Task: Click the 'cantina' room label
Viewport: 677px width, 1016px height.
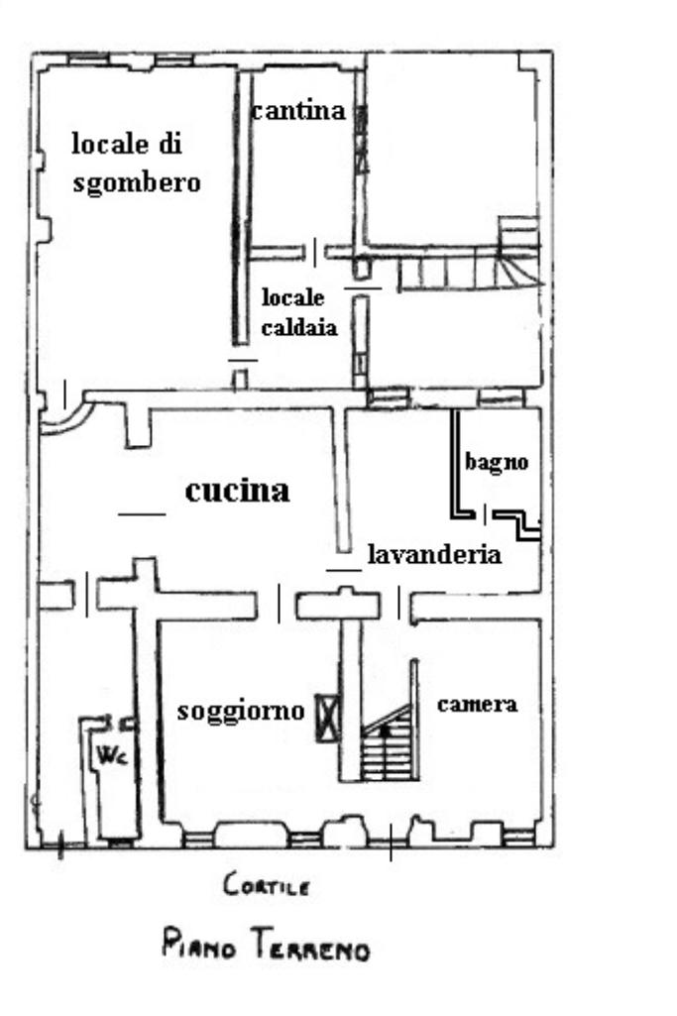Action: [x=298, y=111]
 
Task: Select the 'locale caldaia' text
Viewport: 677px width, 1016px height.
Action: [x=298, y=311]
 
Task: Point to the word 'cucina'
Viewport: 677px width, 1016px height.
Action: [x=237, y=491]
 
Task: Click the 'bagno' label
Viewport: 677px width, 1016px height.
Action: [x=497, y=462]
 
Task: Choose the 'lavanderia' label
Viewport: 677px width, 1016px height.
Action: [x=434, y=555]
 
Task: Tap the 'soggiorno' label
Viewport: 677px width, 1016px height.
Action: [x=241, y=711]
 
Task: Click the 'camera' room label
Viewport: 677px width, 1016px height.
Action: [x=478, y=704]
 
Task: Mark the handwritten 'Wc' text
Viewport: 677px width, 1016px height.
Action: [x=111, y=754]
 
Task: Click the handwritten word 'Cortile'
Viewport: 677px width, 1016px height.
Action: [x=267, y=884]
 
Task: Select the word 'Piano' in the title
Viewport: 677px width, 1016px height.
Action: [x=198, y=944]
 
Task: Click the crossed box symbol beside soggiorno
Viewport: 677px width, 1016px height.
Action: [x=327, y=718]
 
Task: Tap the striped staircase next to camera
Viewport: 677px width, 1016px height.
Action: [x=388, y=745]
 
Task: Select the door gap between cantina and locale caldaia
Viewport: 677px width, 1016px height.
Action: [x=315, y=252]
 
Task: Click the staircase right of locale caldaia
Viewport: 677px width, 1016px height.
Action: [x=470, y=259]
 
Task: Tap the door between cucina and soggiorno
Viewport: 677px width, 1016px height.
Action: [x=279, y=604]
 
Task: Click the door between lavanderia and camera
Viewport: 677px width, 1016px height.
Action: [x=398, y=604]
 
